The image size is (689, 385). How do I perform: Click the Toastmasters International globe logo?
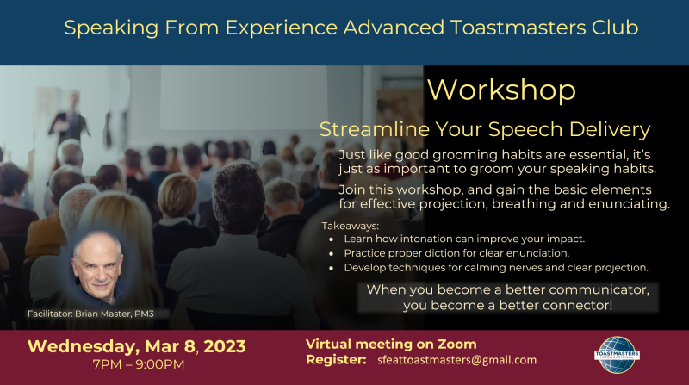point(617,355)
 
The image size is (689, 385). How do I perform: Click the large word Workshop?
point(501,90)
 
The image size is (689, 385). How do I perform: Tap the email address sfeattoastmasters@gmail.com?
point(457,360)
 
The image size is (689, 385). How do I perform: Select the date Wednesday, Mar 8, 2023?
point(137,346)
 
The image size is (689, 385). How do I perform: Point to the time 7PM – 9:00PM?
point(139,364)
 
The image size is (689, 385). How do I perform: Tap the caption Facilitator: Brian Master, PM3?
point(90,314)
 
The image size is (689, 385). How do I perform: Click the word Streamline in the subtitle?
point(375,129)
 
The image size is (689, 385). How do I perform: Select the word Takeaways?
point(351,226)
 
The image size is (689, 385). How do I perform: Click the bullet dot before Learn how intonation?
point(332,239)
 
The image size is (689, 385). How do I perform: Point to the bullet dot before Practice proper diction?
point(332,254)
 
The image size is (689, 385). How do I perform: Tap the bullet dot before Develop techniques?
point(332,268)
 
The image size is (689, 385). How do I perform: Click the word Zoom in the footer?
point(457,344)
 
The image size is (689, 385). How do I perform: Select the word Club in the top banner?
point(615,28)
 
